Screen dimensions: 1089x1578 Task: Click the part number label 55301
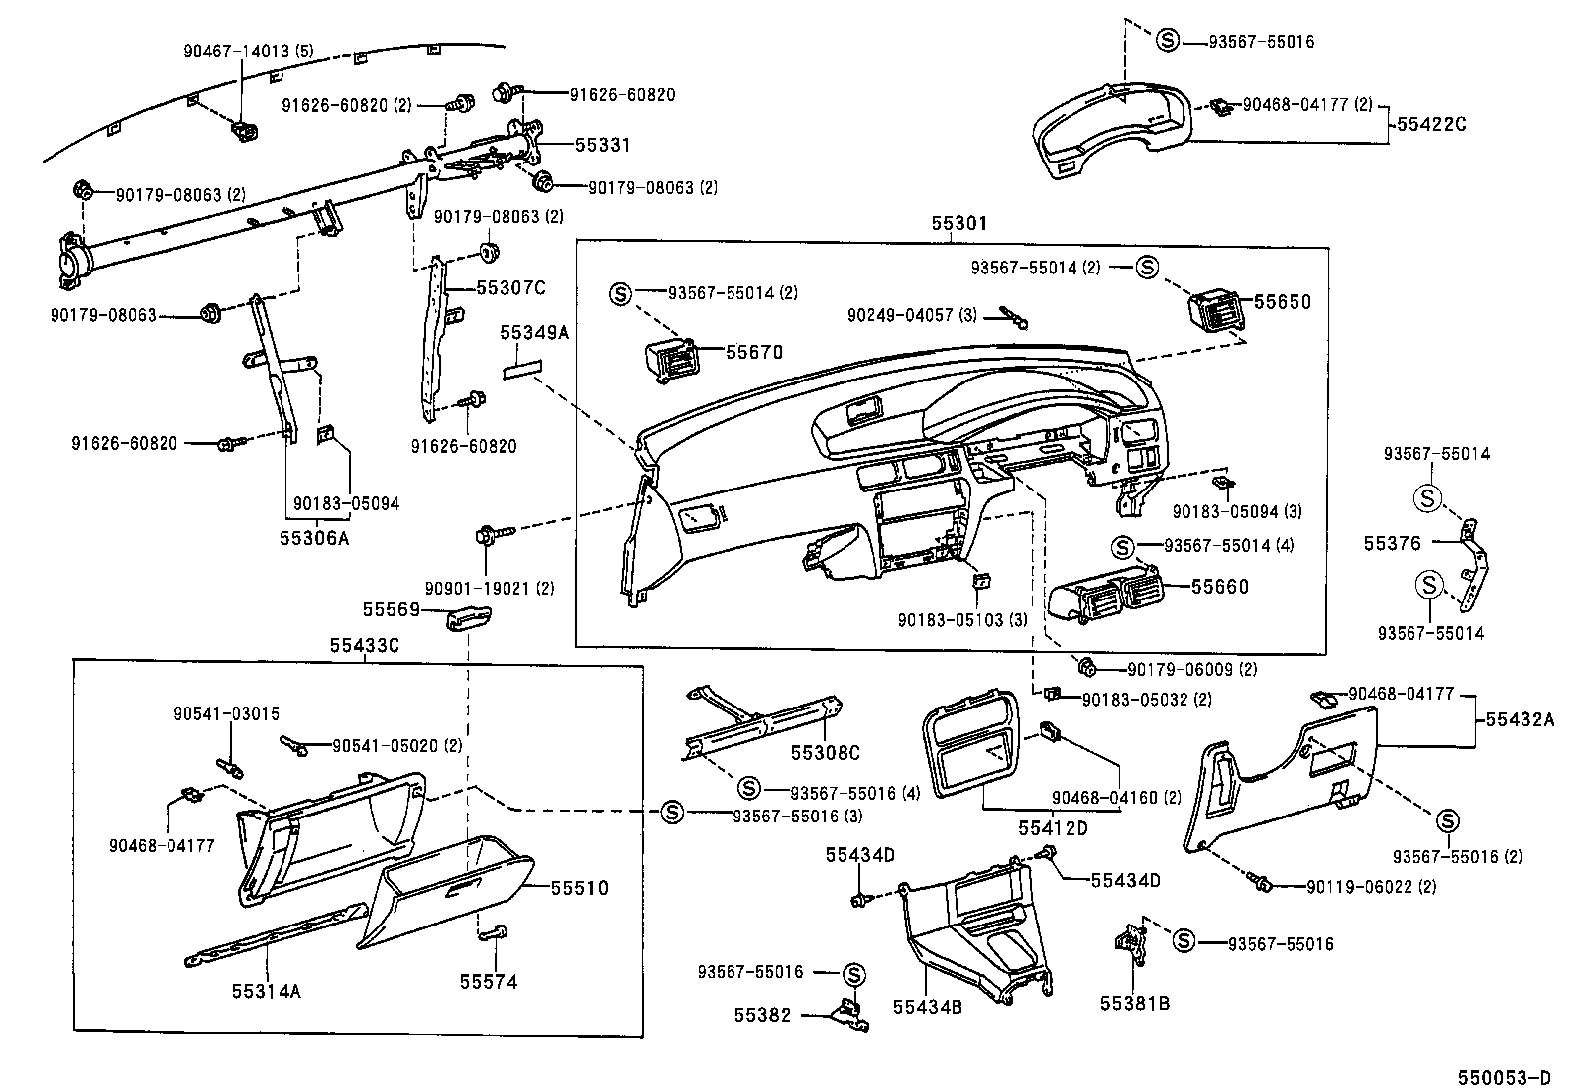pyautogui.click(x=958, y=225)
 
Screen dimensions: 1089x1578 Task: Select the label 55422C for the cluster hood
pyautogui.click(x=1431, y=124)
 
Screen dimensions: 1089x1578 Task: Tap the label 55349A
pyautogui.click(x=533, y=333)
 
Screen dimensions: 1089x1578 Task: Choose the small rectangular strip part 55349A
pyautogui.click(x=521, y=369)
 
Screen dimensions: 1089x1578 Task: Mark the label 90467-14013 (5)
pyautogui.click(x=235, y=50)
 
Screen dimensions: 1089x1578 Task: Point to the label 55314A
pyautogui.click(x=266, y=989)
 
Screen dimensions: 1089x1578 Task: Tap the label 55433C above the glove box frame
pyautogui.click(x=364, y=645)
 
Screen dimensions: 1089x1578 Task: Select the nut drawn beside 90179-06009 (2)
pyautogui.click(x=1085, y=664)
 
